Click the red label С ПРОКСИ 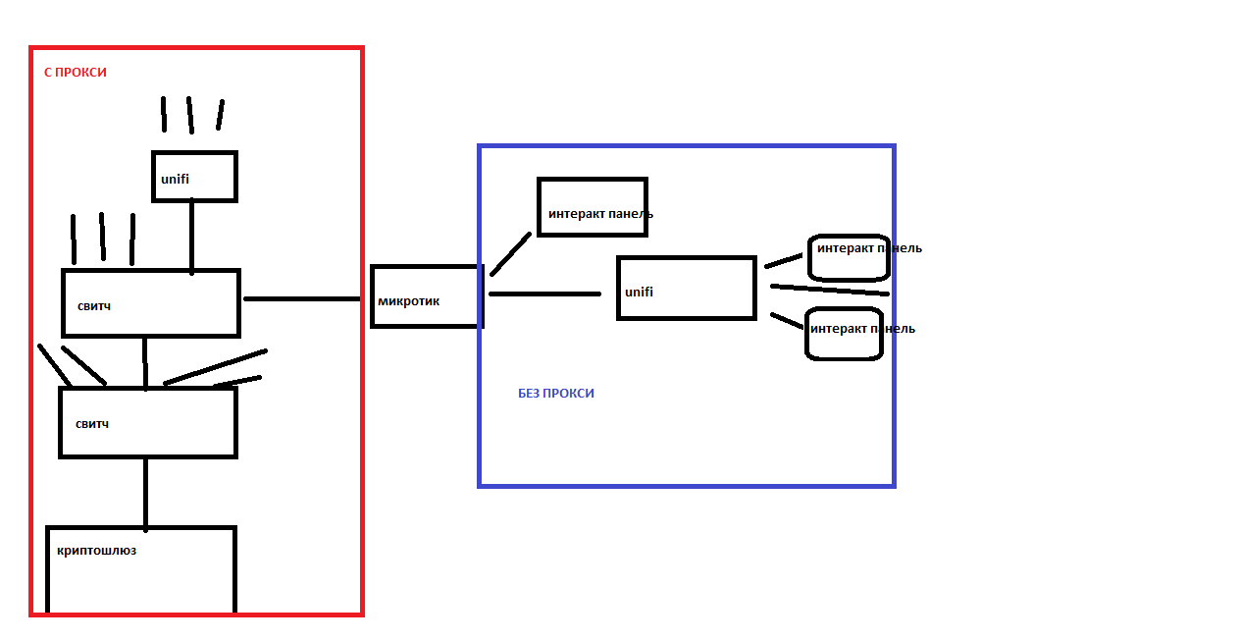pos(75,73)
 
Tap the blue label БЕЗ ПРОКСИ pos(555,394)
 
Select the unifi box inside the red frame pos(194,177)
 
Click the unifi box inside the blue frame pos(686,289)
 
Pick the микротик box pos(427,296)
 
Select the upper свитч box pos(151,303)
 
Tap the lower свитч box pos(147,422)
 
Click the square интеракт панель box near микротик pos(592,207)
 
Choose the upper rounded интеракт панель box pos(849,258)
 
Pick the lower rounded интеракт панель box pos(844,334)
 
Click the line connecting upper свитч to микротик pos(302,298)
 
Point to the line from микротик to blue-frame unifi pos(544,294)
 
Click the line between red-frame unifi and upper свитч pos(191,236)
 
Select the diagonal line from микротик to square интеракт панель pos(510,254)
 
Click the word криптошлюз pos(96,551)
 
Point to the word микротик pos(408,301)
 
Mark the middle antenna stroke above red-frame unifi pos(190,115)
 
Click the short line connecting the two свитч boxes pos(144,362)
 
